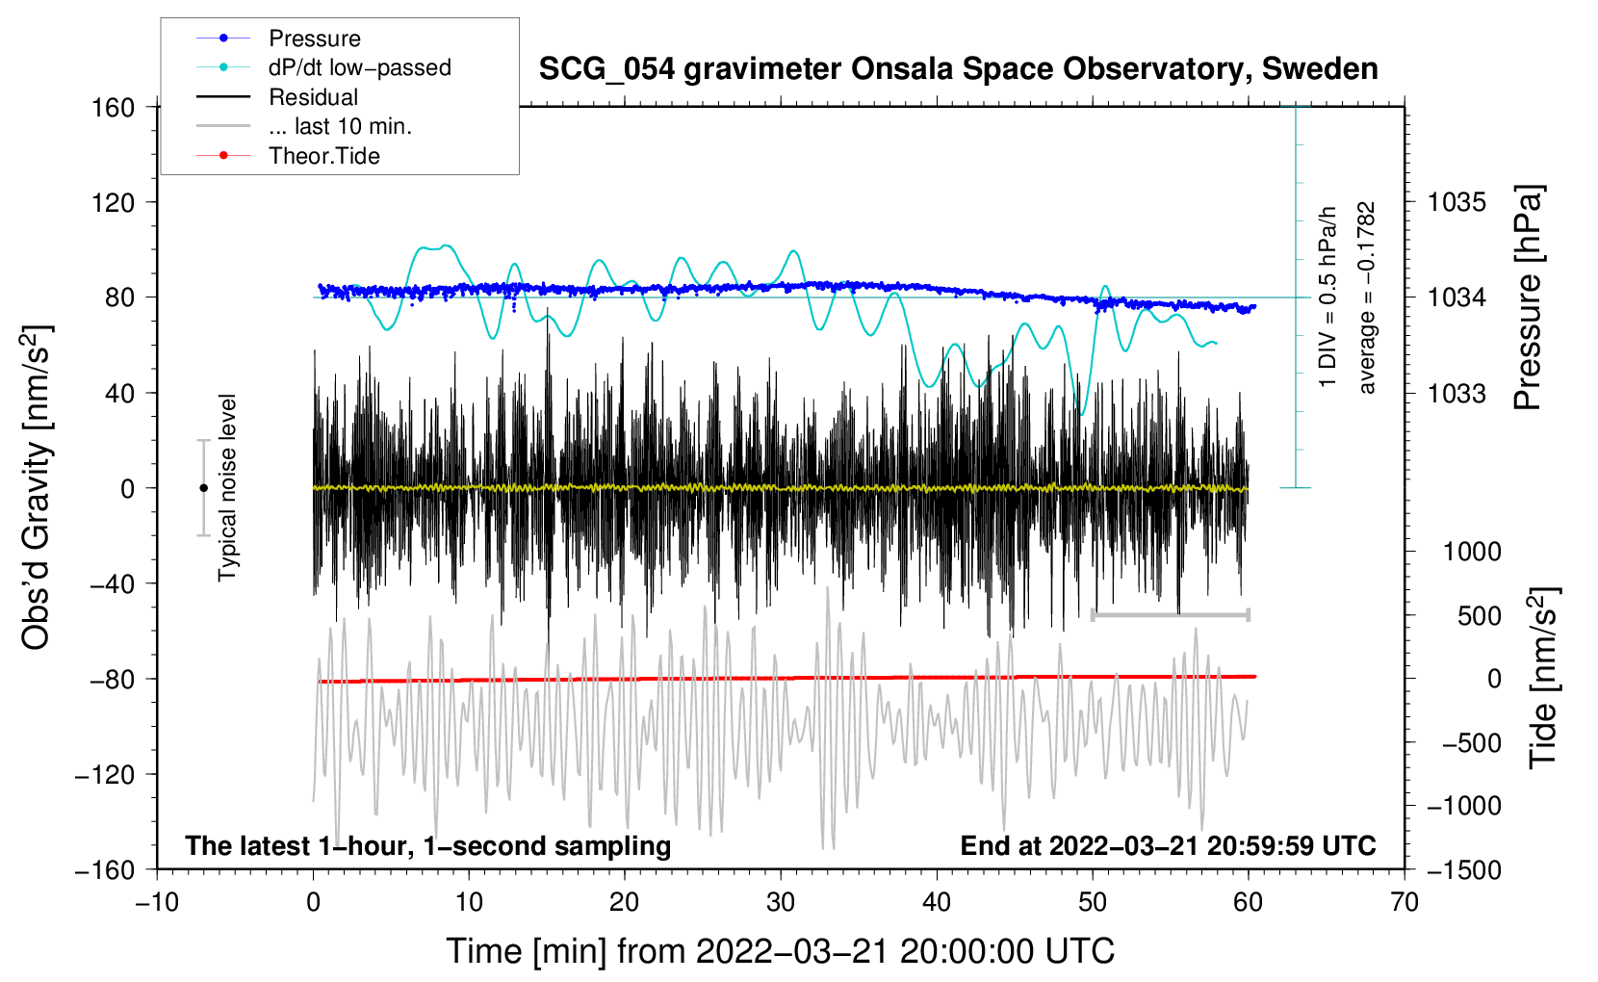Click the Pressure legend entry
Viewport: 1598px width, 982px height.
(x=314, y=39)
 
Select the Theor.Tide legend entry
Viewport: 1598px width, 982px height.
(x=323, y=156)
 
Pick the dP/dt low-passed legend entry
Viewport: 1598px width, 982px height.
(x=359, y=67)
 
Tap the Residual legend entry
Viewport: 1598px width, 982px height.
(x=313, y=97)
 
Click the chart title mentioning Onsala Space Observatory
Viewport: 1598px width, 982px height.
(x=958, y=69)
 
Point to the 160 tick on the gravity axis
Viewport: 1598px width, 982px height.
(x=114, y=108)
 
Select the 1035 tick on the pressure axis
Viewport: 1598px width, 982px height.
(x=1456, y=202)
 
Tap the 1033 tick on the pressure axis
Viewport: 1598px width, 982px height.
(x=1456, y=394)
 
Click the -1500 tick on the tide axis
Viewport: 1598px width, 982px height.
(x=1464, y=870)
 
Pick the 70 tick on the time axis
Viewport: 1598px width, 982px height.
(x=1405, y=902)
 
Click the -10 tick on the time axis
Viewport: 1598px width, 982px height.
(x=157, y=902)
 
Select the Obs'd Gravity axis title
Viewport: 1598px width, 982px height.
(x=37, y=488)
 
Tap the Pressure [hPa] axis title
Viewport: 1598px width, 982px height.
(x=1528, y=298)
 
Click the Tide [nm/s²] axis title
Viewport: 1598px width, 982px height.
(x=1543, y=679)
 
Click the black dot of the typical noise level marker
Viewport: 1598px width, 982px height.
(x=204, y=488)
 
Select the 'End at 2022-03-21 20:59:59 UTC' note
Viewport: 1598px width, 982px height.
(x=1168, y=846)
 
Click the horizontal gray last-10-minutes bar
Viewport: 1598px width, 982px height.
(x=1171, y=614)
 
